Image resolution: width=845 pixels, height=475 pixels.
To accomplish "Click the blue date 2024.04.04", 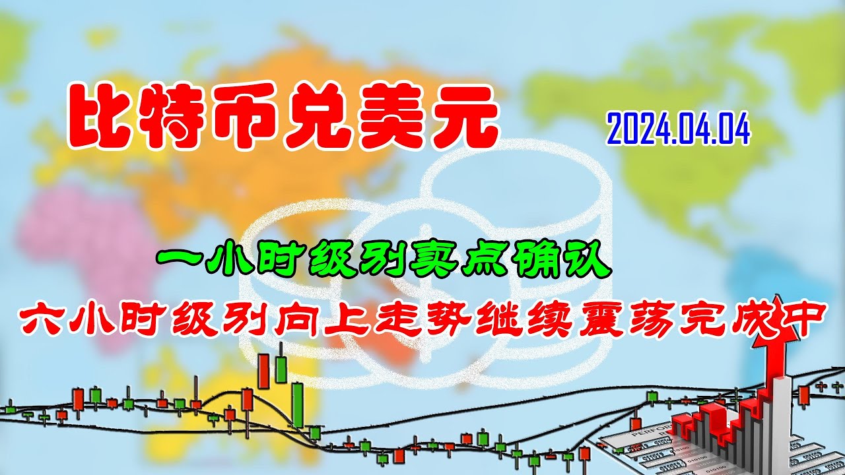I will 679,129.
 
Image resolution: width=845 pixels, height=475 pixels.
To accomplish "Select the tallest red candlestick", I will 263,371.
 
